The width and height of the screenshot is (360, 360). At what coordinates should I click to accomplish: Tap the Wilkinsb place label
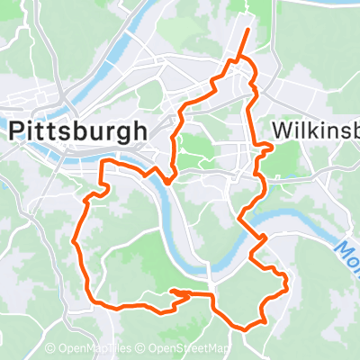click(314, 130)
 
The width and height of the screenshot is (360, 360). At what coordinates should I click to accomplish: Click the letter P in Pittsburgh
click(17, 130)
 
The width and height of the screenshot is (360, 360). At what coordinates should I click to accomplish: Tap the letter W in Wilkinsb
click(278, 130)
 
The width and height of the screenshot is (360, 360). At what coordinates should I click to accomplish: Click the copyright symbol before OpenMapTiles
click(50, 349)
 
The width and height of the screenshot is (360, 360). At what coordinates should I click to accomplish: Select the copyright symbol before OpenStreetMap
click(142, 349)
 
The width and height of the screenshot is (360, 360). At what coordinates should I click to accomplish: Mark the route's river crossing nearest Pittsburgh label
click(166, 178)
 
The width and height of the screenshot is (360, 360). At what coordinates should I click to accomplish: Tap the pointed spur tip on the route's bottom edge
click(171, 292)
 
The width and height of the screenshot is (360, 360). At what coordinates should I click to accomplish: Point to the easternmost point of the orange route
click(286, 287)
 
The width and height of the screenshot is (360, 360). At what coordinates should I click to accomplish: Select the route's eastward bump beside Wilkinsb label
click(271, 147)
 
